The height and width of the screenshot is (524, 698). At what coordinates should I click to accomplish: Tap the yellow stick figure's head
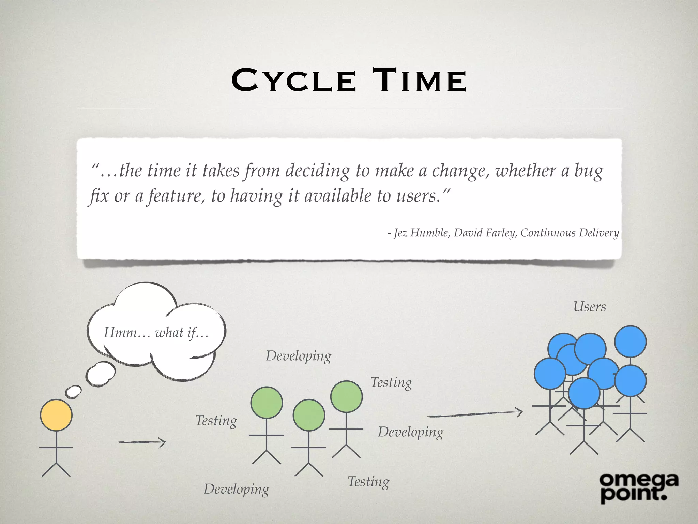point(56,415)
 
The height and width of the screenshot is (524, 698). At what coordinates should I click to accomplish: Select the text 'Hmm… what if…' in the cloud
point(156,333)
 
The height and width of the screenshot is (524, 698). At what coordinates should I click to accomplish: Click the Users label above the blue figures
point(590,307)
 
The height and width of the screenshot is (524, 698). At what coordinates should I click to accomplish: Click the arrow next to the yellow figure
point(142,442)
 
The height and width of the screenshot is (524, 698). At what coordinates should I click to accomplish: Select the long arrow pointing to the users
point(475,414)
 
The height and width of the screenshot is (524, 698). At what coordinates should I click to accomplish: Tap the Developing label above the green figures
point(299,356)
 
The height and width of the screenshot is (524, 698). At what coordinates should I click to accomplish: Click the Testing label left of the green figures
point(216,421)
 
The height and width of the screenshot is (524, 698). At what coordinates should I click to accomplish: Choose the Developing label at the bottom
point(237,489)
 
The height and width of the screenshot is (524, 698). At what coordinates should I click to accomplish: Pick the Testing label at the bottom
point(368,482)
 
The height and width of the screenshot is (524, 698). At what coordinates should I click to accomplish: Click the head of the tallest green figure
point(346,397)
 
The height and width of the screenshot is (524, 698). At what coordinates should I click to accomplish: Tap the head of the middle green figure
point(309,415)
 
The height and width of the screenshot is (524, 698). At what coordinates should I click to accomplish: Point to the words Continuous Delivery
point(570,233)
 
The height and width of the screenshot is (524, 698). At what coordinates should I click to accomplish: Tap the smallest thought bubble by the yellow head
point(74,392)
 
